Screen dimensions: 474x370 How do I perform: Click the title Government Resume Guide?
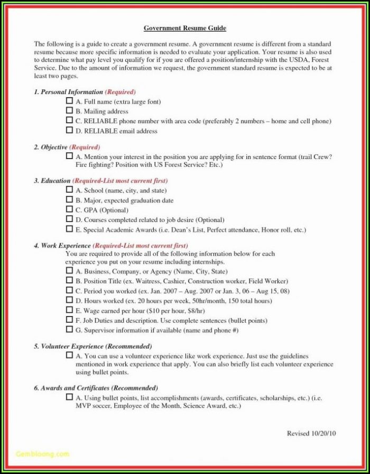(x=184, y=28)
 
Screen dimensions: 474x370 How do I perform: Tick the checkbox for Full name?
(x=69, y=100)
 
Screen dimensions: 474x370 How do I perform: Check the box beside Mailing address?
(x=69, y=110)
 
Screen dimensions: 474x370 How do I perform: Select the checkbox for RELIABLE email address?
(x=69, y=130)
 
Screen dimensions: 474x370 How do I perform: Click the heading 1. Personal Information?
(x=68, y=91)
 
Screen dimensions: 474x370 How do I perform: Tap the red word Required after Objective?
(x=85, y=147)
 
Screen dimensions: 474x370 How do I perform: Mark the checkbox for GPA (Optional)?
(x=69, y=209)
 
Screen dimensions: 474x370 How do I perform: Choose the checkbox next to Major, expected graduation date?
(x=69, y=200)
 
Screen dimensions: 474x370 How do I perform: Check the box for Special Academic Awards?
(x=69, y=229)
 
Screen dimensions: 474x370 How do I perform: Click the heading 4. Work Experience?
(x=62, y=245)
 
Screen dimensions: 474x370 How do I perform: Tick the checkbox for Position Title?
(x=69, y=280)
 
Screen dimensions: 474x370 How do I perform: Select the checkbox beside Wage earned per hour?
(x=69, y=310)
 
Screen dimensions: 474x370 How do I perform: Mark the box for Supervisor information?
(x=69, y=329)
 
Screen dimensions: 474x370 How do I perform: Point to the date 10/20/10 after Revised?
(x=323, y=433)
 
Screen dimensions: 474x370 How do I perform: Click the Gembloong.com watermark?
(x=42, y=453)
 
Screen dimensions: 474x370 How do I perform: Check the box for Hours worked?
(x=69, y=300)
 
